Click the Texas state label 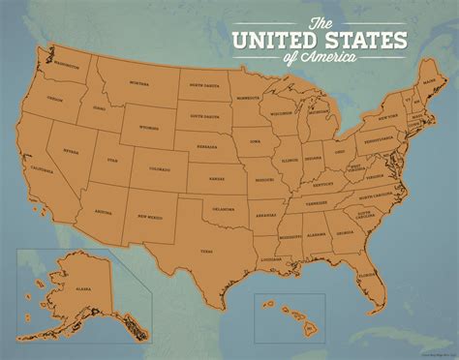(x=205, y=250)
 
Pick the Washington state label (x=68, y=66)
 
